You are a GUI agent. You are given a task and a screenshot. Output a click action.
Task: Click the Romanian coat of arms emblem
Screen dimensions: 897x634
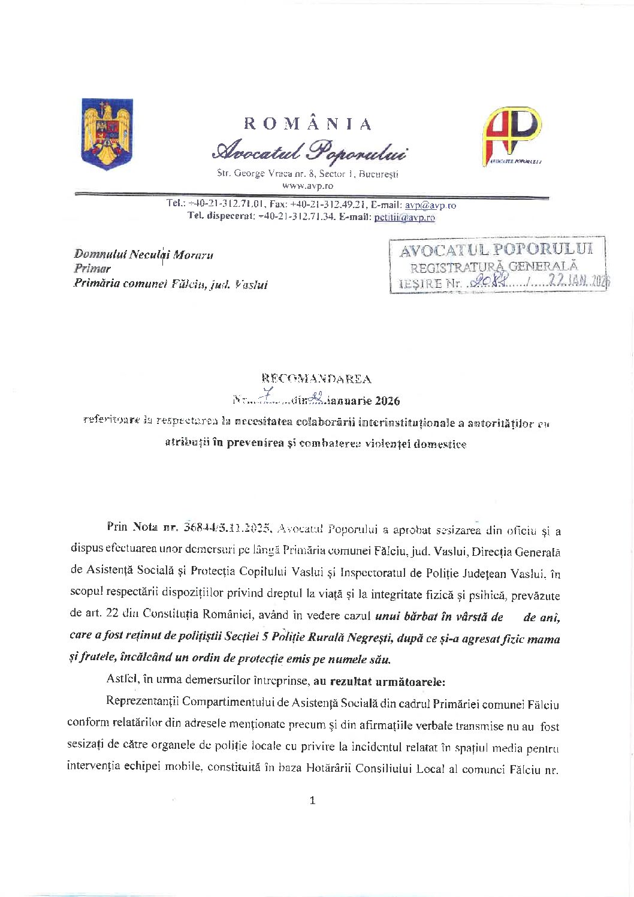coord(107,134)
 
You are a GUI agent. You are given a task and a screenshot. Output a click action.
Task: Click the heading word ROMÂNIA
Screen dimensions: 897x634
coord(308,124)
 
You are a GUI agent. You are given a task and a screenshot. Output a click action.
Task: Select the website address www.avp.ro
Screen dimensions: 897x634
coord(307,186)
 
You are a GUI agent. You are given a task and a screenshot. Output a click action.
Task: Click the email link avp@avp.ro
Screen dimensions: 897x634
coord(430,205)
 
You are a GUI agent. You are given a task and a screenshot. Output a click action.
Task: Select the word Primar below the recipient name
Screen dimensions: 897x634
coord(92,269)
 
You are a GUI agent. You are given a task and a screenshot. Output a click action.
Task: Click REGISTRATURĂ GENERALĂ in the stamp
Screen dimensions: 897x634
coord(494,267)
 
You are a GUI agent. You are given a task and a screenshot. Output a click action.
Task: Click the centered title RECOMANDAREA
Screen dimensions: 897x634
coord(316,379)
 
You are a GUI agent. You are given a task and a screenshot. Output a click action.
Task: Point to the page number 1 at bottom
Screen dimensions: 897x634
coord(312,800)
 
